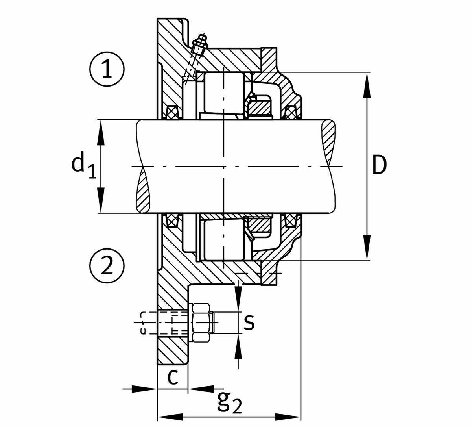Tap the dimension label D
coord(379,165)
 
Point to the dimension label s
coord(249,322)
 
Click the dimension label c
coord(173,377)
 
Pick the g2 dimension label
coord(229,402)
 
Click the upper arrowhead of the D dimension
coord(367,84)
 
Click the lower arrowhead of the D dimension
coord(367,248)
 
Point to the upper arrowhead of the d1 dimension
coord(101,132)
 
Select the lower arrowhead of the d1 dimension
coord(101,200)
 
